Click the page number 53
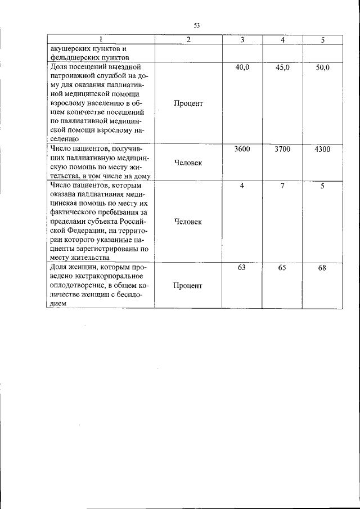pos(197,25)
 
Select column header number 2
pos(188,40)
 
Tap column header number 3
pos(242,40)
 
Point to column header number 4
pos(282,40)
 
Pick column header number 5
pos(322,40)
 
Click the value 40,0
pos(242,67)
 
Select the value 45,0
pos(282,67)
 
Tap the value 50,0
pos(322,67)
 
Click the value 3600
pos(242,150)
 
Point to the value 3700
pos(282,150)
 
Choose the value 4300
pos(322,150)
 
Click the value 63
pos(242,268)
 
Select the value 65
pos(282,268)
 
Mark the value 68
pos(322,268)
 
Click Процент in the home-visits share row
pos(188,103)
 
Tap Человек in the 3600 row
pos(188,163)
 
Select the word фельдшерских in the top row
pos(70,57)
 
